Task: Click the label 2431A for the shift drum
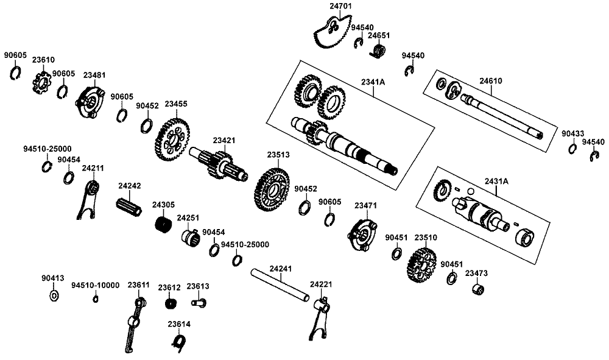pyautogui.click(x=496, y=181)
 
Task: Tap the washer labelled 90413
pyautogui.click(x=53, y=296)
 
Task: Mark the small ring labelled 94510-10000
pyautogui.click(x=96, y=298)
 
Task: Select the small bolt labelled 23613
pyautogui.click(x=198, y=301)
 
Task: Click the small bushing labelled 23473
pyautogui.click(x=479, y=288)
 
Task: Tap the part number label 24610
pyautogui.click(x=490, y=80)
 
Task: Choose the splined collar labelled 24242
pyautogui.click(x=128, y=207)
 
